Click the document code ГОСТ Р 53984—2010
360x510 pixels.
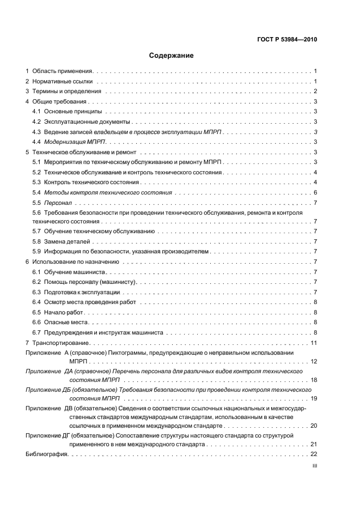287,40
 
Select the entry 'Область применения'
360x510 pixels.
63,71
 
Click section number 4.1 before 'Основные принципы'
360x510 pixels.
36,112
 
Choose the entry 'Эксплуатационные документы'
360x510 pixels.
87,122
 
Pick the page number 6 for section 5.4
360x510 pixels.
315,193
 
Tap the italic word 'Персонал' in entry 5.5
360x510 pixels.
57,203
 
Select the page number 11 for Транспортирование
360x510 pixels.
314,343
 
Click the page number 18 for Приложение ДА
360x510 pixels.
314,380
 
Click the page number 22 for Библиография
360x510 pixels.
314,454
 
